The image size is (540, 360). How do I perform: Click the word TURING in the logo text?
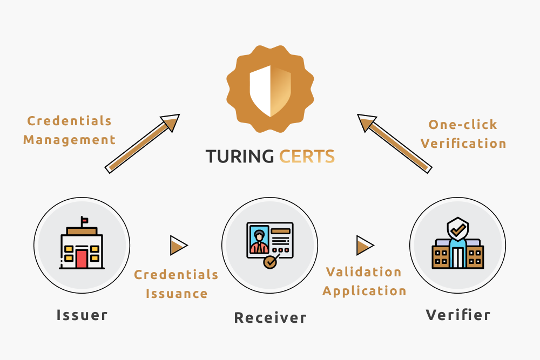240,157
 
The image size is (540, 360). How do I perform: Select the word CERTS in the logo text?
307,157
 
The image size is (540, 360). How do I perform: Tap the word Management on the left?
69,140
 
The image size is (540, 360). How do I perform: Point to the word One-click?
463,125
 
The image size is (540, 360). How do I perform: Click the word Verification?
463,144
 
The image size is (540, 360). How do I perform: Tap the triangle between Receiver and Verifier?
365,246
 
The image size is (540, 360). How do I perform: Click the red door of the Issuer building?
82,259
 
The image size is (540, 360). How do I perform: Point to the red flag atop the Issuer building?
85,220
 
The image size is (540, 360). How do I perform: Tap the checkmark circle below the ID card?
270,262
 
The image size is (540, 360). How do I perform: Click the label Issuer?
82,315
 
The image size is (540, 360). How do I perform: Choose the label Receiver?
270,318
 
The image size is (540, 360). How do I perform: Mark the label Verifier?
458,315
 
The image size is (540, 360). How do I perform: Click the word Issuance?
177,294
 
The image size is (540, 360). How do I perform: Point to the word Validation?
363,272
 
